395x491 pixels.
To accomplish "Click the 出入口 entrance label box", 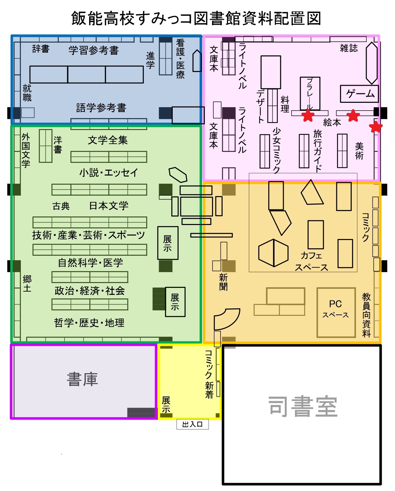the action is (x=192, y=424).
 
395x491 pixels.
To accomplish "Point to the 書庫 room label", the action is (x=82, y=379).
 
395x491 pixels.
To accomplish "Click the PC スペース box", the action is (x=336, y=312).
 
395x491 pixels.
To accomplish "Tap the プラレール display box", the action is (x=310, y=94).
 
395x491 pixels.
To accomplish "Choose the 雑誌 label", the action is (x=349, y=48).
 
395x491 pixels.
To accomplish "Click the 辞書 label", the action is (x=41, y=49).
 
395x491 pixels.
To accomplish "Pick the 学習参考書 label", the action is (x=94, y=51).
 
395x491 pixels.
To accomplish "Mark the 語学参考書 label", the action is (x=101, y=108).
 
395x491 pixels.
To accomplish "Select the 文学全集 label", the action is (x=108, y=140).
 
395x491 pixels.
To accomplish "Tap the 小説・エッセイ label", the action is (x=109, y=172).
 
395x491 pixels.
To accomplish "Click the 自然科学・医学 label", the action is (x=90, y=263).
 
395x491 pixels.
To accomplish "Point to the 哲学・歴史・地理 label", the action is (x=89, y=323).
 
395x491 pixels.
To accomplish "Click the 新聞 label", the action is (x=223, y=282).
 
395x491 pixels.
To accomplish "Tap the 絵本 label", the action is (x=332, y=123).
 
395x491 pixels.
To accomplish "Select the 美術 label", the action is (x=359, y=151).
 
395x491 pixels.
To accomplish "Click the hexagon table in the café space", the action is (x=273, y=253).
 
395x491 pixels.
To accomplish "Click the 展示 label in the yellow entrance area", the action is (x=166, y=405).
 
